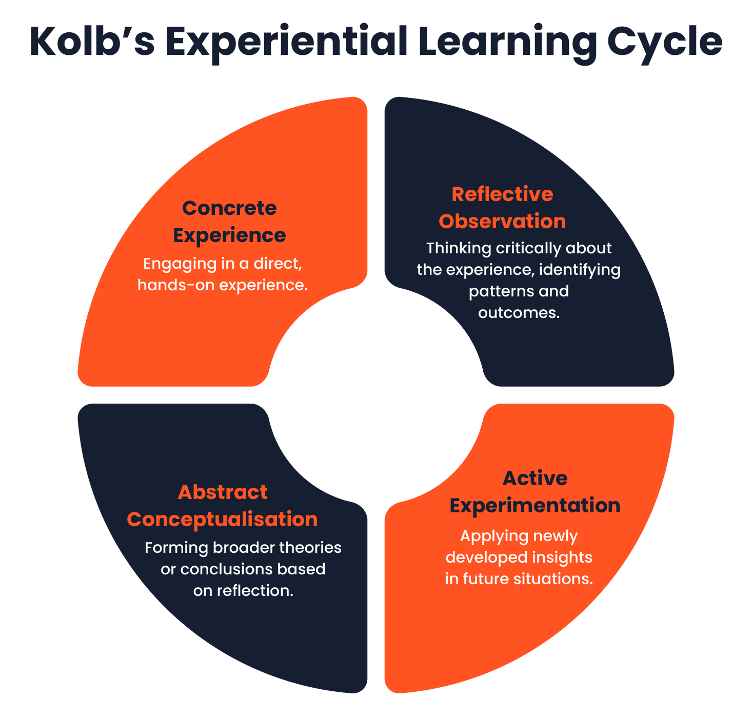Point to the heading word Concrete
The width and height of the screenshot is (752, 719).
pos(229,208)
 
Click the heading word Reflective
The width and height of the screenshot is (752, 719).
pos(502,194)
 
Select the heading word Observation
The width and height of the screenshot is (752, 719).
pos(502,222)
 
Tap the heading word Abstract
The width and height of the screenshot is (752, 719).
pos(223,492)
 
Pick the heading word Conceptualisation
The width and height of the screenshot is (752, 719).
pos(222,520)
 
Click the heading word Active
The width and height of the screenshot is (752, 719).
pos(535,478)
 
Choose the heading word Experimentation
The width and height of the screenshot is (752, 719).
pos(535,506)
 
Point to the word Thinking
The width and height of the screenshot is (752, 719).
pos(459,248)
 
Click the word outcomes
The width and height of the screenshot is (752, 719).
pos(519,313)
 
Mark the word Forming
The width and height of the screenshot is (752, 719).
pos(176,548)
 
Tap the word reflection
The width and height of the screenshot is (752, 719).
pos(255,591)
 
